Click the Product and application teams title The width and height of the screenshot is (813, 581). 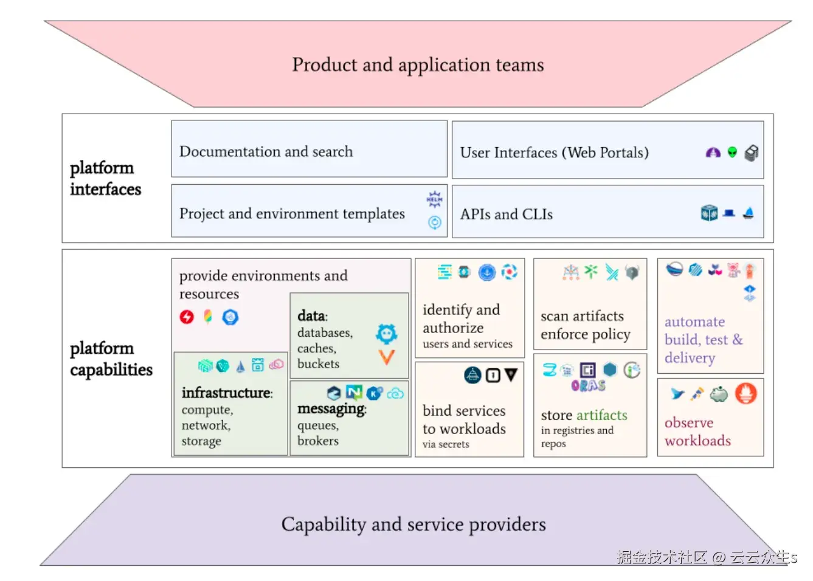point(418,64)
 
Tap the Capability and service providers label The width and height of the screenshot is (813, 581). point(413,524)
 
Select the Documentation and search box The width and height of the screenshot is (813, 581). point(309,150)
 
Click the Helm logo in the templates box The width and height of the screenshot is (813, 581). point(434,199)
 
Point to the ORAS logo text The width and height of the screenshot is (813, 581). point(588,385)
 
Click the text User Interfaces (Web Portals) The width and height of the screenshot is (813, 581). point(554,153)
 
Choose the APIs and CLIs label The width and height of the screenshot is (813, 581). point(507,215)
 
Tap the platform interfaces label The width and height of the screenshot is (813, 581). point(105,179)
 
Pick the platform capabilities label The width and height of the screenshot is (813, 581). point(111,359)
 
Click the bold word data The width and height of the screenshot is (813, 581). point(311,315)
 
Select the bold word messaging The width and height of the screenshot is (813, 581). point(331,409)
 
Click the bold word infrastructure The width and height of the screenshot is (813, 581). point(226,393)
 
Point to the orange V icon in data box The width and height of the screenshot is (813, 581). point(387,357)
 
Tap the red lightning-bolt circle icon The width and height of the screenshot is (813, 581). point(187,317)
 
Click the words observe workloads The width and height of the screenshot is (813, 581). point(697,431)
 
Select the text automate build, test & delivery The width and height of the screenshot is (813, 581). point(703,340)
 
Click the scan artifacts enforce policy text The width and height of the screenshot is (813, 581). point(585,325)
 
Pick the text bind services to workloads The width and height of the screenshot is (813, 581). point(464,420)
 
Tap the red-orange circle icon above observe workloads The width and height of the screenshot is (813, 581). point(746,394)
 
